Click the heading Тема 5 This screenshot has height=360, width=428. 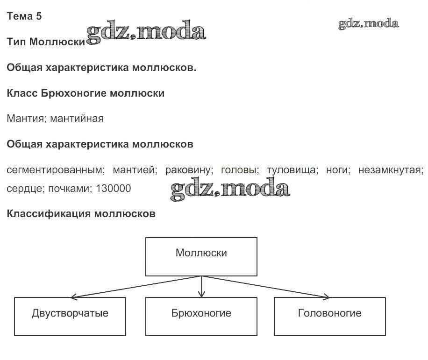tap(24, 16)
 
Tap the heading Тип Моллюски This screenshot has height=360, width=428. tap(46, 42)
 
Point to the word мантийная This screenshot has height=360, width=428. tap(77, 119)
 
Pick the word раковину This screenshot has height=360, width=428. tap(189, 170)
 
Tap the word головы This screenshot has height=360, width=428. tap(240, 170)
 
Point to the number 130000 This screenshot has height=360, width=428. tap(113, 189)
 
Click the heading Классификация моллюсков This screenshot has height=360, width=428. tap(81, 213)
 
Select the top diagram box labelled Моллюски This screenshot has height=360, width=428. tap(201, 257)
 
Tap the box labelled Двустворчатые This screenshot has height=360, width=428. tap(70, 317)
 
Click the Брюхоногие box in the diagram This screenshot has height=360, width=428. tap(201, 317)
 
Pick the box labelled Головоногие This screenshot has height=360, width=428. tap(330, 317)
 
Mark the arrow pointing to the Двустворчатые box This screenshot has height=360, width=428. tap(136, 287)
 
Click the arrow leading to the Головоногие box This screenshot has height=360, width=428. tap(265, 287)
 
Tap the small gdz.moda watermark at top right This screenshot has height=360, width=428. tap(369, 24)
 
